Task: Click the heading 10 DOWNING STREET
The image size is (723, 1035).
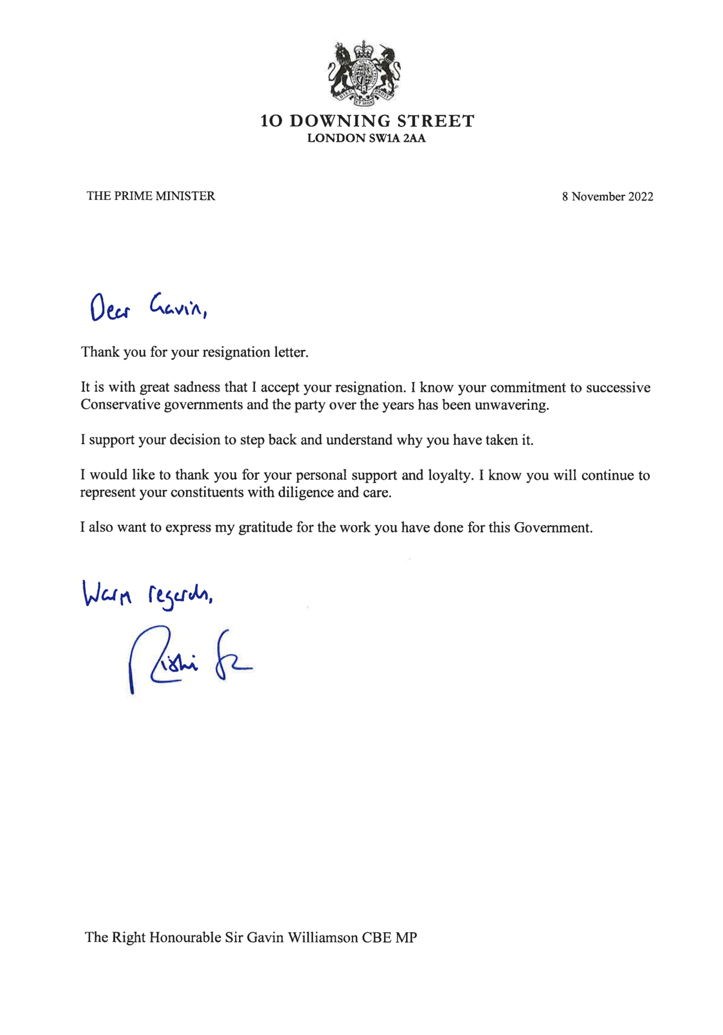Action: tap(367, 121)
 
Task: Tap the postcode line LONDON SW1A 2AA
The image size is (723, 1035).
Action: tap(366, 138)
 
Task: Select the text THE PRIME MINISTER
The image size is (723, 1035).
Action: tap(151, 196)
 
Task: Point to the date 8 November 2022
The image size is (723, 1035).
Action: tap(607, 197)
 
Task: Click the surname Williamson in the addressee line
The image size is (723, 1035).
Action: tap(323, 937)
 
